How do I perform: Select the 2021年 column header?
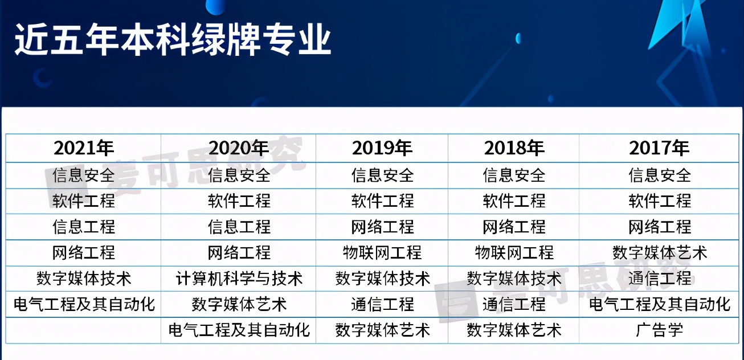pos(84,148)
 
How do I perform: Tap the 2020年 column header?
pos(239,148)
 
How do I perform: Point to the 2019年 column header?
pos(382,148)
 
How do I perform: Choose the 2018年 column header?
pos(514,148)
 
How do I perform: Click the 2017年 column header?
pos(659,148)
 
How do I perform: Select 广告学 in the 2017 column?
pos(659,330)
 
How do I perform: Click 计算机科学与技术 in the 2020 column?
pos(239,279)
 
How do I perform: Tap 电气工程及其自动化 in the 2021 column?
pos(84,304)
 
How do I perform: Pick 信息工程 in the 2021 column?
pos(84,227)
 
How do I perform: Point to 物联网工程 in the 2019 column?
pos(382,252)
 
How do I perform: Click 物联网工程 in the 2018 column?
pos(514,252)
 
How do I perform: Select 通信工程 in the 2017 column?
pos(659,279)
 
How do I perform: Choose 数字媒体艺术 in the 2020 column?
pos(239,304)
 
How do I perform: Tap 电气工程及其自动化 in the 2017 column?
pos(659,304)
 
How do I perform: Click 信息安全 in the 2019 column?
pos(382,175)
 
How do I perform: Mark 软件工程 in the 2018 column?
pos(514,201)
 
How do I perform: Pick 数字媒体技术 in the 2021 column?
pos(84,279)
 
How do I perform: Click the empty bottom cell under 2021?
pos(84,330)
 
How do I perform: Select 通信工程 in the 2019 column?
pos(382,304)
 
